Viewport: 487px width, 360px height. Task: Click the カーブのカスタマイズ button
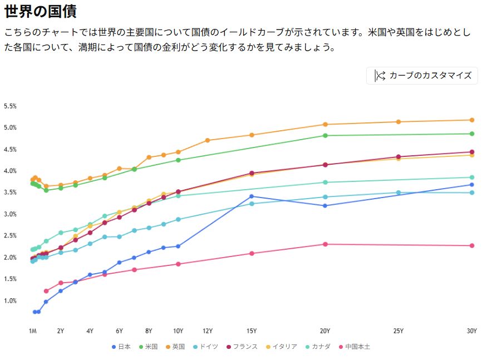[x=422, y=76]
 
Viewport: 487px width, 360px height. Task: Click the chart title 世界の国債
[x=40, y=11]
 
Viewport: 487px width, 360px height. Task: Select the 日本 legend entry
[x=121, y=347]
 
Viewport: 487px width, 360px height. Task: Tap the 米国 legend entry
[x=148, y=347]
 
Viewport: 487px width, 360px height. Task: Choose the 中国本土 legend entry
[x=354, y=347]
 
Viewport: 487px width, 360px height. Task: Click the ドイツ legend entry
[x=205, y=347]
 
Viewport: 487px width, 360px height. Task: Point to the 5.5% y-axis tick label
[x=10, y=106]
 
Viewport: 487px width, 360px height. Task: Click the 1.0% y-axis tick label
[x=10, y=301]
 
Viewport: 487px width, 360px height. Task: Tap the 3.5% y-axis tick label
[x=10, y=193]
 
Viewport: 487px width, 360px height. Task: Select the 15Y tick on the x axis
[x=252, y=331]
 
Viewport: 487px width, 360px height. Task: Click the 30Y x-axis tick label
[x=471, y=331]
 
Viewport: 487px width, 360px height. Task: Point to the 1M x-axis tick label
[x=33, y=331]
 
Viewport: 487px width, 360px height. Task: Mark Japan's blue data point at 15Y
[x=252, y=196]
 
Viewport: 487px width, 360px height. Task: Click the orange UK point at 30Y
[x=472, y=120]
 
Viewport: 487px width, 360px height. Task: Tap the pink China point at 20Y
[x=325, y=244]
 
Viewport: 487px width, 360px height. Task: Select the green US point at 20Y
[x=325, y=136]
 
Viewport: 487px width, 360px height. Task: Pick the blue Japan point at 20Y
[x=325, y=206]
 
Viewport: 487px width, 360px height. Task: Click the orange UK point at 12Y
[x=208, y=140]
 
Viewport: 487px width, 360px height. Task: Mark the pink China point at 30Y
[x=472, y=246]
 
